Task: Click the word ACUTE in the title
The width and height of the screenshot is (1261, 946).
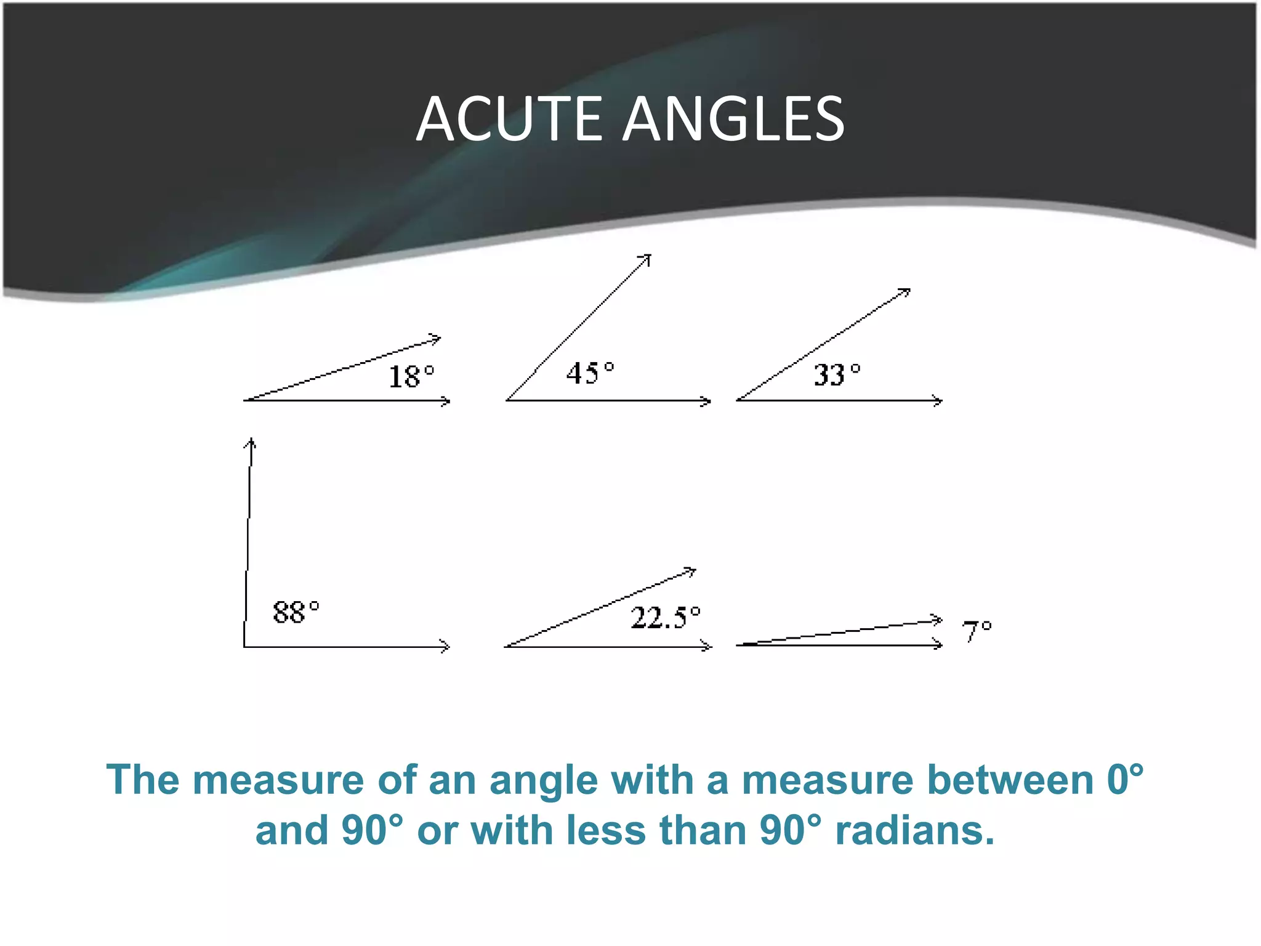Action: pos(509,119)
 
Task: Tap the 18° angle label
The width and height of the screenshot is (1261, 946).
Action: pos(411,376)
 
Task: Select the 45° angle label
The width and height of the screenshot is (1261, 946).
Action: pos(590,373)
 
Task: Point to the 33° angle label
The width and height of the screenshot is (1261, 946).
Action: pos(837,374)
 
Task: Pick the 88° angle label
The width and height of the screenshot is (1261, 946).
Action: pos(296,612)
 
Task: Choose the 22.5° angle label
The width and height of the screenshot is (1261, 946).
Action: pos(666,617)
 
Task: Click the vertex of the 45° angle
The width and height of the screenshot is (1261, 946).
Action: pos(507,400)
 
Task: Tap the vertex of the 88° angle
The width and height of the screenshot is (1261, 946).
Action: pos(244,647)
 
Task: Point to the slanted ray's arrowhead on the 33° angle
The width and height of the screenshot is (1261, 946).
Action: pos(907,291)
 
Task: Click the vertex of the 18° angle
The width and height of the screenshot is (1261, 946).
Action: pos(245,400)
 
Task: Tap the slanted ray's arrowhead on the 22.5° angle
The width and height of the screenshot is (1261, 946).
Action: pos(692,571)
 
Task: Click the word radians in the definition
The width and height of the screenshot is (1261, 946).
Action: pos(914,830)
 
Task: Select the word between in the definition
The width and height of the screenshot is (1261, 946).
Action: pos(1010,780)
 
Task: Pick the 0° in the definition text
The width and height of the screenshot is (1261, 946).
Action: pos(1125,780)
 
